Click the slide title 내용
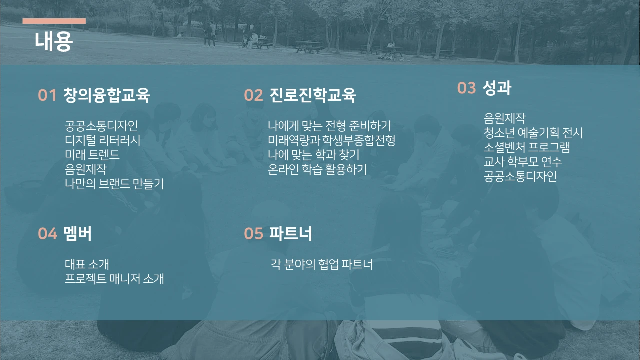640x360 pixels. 54,42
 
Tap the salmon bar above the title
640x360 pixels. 54,21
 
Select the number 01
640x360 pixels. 47,95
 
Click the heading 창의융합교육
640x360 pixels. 107,95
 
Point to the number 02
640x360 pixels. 253,95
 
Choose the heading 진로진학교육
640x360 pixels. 313,95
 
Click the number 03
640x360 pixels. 466,88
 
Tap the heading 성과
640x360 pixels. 497,88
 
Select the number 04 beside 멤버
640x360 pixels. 47,233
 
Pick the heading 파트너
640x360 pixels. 291,233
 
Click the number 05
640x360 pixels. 253,233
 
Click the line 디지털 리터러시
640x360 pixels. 103,140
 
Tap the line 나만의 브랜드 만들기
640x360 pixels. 114,184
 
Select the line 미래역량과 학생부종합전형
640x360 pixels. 331,140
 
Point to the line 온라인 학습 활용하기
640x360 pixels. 317,169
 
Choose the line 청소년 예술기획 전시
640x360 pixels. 533,133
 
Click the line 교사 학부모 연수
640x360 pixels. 523,162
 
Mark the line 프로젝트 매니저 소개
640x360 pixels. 114,279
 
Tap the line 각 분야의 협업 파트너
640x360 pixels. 321,264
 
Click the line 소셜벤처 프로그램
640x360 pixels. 527,147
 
